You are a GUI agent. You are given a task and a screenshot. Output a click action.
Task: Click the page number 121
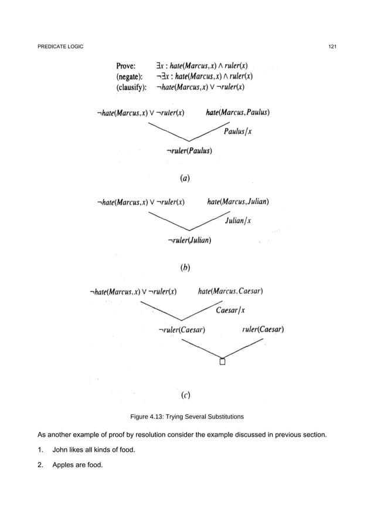click(x=331, y=47)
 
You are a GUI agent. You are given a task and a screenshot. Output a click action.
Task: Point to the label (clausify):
click(x=135, y=87)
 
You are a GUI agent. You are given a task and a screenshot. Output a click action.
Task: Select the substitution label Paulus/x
click(x=238, y=131)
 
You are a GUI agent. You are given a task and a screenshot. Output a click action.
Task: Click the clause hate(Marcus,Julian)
click(x=239, y=202)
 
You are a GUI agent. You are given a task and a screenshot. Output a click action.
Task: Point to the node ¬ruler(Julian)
click(x=189, y=239)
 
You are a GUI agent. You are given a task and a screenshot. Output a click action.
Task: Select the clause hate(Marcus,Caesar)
click(x=230, y=291)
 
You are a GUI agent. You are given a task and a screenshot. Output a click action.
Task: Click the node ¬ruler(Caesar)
click(x=182, y=329)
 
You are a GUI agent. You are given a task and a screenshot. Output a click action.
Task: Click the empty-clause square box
click(x=222, y=361)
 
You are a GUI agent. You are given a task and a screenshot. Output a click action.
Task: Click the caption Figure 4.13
click(x=186, y=417)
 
